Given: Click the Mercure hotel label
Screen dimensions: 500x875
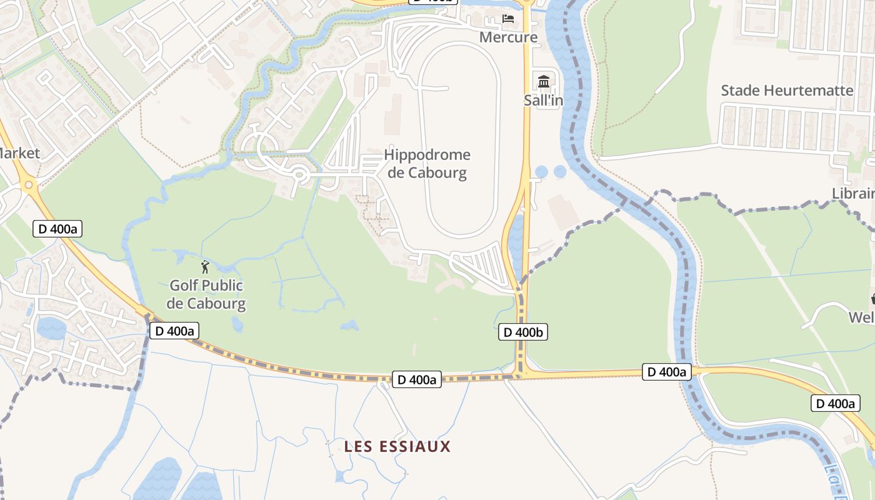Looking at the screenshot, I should click(x=508, y=37).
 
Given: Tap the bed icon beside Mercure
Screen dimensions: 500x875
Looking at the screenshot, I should click(x=508, y=19).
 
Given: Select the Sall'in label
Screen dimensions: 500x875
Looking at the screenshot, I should click(x=543, y=100).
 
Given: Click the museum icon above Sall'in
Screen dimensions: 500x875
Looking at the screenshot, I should click(x=543, y=81).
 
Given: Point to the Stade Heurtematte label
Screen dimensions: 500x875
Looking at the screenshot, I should click(x=787, y=91).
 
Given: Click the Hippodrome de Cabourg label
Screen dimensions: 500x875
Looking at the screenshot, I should click(x=427, y=164).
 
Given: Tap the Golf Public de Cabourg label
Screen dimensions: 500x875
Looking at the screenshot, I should click(x=207, y=295).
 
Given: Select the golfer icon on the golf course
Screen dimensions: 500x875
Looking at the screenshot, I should click(x=205, y=267).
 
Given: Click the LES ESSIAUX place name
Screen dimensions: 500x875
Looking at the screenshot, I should click(x=397, y=446).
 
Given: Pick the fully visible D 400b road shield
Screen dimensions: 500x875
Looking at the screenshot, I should click(x=523, y=332).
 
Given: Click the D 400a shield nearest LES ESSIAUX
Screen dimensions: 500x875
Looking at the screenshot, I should click(x=417, y=379).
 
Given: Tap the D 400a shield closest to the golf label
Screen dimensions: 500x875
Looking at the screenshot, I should click(x=174, y=331).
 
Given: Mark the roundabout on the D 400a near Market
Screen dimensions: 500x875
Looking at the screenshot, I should click(x=27, y=185).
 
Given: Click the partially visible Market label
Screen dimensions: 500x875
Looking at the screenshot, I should click(x=19, y=153).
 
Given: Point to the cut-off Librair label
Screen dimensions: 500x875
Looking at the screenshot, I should click(x=854, y=194).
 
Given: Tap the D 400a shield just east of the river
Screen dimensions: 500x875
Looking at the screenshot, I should click(x=667, y=372).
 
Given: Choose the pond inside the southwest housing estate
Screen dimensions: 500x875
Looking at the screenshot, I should click(x=50, y=327).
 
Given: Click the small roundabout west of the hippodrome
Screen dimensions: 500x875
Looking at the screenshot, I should click(x=299, y=176).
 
